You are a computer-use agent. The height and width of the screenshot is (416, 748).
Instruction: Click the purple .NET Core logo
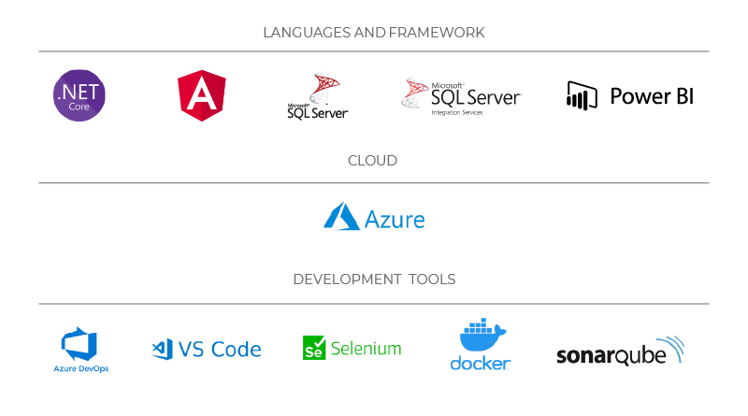79,95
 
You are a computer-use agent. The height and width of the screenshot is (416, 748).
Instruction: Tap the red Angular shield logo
201,95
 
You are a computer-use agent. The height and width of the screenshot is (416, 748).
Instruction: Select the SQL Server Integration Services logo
461,95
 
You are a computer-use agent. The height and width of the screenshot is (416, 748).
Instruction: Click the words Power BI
652,96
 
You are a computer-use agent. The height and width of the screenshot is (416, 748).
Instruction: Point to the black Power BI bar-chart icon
582,95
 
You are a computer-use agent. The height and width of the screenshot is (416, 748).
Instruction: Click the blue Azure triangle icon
341,217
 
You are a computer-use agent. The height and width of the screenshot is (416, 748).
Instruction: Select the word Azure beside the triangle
395,220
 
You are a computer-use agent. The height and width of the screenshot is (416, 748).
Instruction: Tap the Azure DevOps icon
79,343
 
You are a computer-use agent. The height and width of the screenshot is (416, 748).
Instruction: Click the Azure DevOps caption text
80,369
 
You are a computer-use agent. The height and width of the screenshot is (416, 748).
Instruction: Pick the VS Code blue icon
163,350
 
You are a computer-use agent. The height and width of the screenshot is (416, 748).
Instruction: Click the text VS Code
220,350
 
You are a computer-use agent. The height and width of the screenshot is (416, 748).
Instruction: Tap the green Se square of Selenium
313,349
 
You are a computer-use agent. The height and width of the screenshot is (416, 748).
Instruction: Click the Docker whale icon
481,336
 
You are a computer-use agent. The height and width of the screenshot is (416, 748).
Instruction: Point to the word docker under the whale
481,363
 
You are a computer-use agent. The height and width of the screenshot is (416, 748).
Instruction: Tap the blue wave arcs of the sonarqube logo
671,349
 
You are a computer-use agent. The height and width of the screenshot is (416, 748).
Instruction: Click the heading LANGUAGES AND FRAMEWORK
374,33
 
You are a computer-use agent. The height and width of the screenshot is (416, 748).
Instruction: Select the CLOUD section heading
372,161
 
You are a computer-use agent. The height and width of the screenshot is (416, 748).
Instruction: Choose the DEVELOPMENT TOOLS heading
374,280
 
